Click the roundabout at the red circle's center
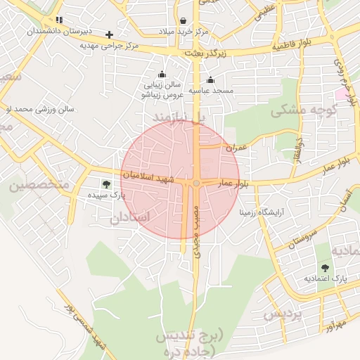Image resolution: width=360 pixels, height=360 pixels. click(x=196, y=184)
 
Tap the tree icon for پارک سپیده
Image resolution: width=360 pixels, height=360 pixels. click(x=106, y=184)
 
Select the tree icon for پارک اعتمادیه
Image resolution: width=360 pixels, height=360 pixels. click(x=325, y=267)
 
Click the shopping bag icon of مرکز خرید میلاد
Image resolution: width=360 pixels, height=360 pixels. click(x=183, y=21)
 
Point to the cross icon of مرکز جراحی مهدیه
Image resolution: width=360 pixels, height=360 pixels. click(x=109, y=34)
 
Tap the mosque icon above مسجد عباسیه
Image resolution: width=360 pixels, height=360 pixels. click(x=210, y=79)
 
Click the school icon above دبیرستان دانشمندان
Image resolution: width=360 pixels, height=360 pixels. click(x=59, y=20)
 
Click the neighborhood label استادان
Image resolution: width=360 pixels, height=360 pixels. click(x=129, y=218)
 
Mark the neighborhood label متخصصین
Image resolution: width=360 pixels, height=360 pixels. click(x=39, y=186)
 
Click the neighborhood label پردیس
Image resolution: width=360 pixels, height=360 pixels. click(x=283, y=314)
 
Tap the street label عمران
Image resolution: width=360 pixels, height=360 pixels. click(x=237, y=148)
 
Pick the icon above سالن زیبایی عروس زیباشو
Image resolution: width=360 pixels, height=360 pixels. click(x=162, y=75)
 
